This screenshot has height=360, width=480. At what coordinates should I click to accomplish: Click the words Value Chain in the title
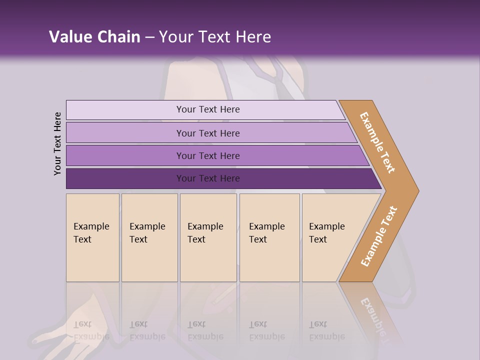coord(94,37)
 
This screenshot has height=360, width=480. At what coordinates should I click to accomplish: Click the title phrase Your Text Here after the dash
coord(215,37)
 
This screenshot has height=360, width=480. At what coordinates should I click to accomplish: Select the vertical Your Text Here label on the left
coord(57,143)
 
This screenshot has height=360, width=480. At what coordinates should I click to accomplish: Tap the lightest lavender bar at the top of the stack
coord(125,109)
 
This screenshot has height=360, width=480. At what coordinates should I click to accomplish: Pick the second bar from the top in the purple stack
coord(125,133)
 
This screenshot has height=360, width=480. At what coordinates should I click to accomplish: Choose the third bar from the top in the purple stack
coord(125,155)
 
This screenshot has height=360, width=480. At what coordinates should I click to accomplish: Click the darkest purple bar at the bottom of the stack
coord(125,178)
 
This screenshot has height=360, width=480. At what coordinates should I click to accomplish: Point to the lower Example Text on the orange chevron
coord(379,236)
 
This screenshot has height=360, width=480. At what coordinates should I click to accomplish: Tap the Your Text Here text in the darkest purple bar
coord(208,178)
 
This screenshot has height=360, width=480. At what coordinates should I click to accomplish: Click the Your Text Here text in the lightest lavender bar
coord(208,109)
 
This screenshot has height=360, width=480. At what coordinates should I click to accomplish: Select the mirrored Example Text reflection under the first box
coord(91,330)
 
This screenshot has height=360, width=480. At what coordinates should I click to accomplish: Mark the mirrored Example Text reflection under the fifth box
coord(326,330)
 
